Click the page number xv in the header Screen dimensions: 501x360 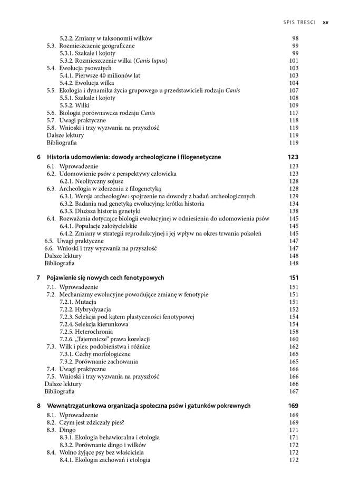325,23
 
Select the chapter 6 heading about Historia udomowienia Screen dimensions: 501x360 134,157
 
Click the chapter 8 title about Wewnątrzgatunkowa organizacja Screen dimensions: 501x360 149,406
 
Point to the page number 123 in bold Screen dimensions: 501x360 293,157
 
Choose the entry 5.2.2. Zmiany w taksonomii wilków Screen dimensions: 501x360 106,38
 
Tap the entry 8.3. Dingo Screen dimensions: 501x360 61,430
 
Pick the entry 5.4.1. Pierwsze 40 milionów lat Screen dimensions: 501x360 100,75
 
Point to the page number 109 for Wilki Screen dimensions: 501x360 294,105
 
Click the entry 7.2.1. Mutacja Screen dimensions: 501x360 78,302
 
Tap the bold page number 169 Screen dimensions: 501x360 293,406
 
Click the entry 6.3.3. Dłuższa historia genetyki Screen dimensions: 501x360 100,211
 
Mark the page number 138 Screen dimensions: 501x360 294,211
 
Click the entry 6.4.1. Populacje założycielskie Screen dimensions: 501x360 98,226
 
